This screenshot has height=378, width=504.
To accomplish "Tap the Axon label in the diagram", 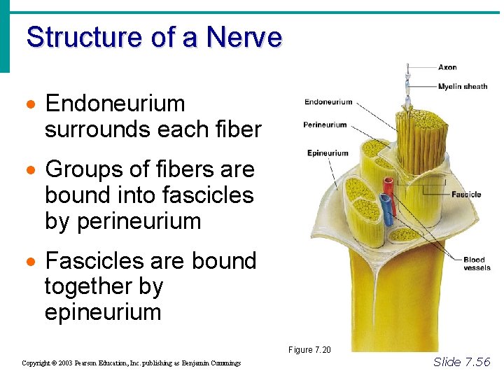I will [x=447, y=67].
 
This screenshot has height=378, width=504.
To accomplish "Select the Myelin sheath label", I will [x=463, y=86].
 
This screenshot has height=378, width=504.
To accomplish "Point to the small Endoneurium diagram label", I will [x=328, y=102].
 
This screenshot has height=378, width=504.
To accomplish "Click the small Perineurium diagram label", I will [x=325, y=125].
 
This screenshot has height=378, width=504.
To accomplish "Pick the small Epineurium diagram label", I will [x=328, y=153].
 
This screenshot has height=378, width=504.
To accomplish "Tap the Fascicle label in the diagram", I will [x=466, y=194].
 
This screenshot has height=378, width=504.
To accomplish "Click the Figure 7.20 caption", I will [x=309, y=349].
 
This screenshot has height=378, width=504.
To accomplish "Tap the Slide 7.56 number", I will [x=462, y=361].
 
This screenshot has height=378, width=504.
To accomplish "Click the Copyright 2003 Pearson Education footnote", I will [x=131, y=363].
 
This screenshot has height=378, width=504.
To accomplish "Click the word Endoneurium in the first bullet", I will [x=115, y=104].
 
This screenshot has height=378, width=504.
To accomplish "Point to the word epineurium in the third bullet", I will [x=103, y=311].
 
